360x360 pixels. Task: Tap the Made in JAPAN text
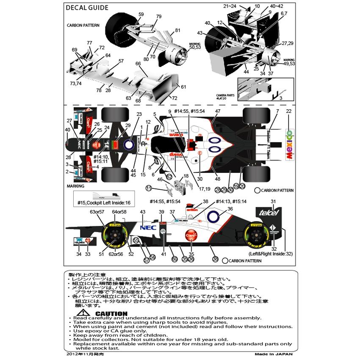coord(274,354)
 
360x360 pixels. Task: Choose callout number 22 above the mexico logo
coord(289,111)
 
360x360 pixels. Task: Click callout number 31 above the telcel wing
coord(273,201)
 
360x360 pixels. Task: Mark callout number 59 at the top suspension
coord(141,14)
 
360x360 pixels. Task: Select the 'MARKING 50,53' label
coord(194,45)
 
